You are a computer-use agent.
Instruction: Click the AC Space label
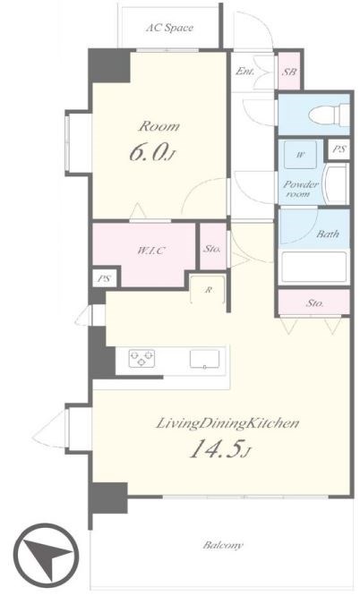pos(169,28)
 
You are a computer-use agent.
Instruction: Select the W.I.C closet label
pos(151,251)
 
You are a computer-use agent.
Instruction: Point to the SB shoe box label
pos(289,71)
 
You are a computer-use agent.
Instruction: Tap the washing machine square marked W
pos(300,154)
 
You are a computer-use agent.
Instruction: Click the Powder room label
pos(301,189)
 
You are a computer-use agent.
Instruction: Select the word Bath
pos(328,234)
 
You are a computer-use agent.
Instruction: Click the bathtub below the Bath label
pos(313,267)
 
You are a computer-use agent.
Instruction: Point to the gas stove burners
pos(141,358)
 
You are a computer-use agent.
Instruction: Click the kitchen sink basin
pos(204,359)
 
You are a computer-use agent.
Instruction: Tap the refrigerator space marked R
pos(208,289)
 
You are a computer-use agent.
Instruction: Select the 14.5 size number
pos(216,449)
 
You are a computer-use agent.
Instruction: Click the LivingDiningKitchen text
pos(227,423)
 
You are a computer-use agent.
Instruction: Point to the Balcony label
pos(223,545)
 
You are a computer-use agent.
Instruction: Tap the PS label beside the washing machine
pos(339,149)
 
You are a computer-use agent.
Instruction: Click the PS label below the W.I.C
pos(104,278)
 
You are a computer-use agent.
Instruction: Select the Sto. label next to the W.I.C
pos(211,249)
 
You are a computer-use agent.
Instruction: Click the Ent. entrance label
pos(244,71)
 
